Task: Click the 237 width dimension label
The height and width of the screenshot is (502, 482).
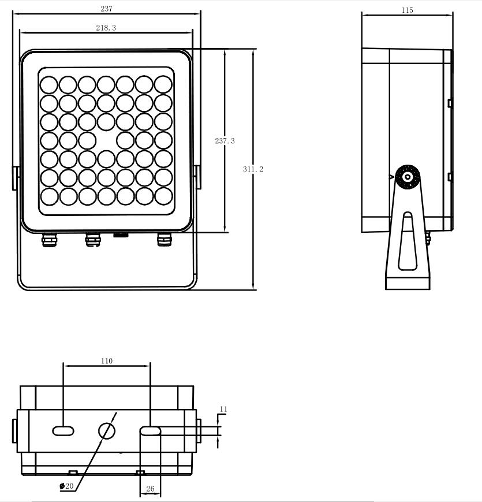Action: pos(107,9)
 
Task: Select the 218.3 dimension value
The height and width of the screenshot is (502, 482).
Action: pos(106,28)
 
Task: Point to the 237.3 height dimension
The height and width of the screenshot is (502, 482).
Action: pos(225,141)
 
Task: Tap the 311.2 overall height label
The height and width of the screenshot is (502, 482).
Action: pos(253,169)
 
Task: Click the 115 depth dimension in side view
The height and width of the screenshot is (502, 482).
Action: pos(407,10)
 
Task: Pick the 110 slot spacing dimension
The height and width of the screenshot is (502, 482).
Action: pos(107,361)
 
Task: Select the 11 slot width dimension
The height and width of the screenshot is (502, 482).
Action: pos(223,409)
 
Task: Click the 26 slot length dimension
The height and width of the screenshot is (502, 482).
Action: pos(150,489)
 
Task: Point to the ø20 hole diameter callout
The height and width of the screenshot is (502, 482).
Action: pos(67,486)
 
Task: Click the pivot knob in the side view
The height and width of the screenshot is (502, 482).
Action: pos(408,177)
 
